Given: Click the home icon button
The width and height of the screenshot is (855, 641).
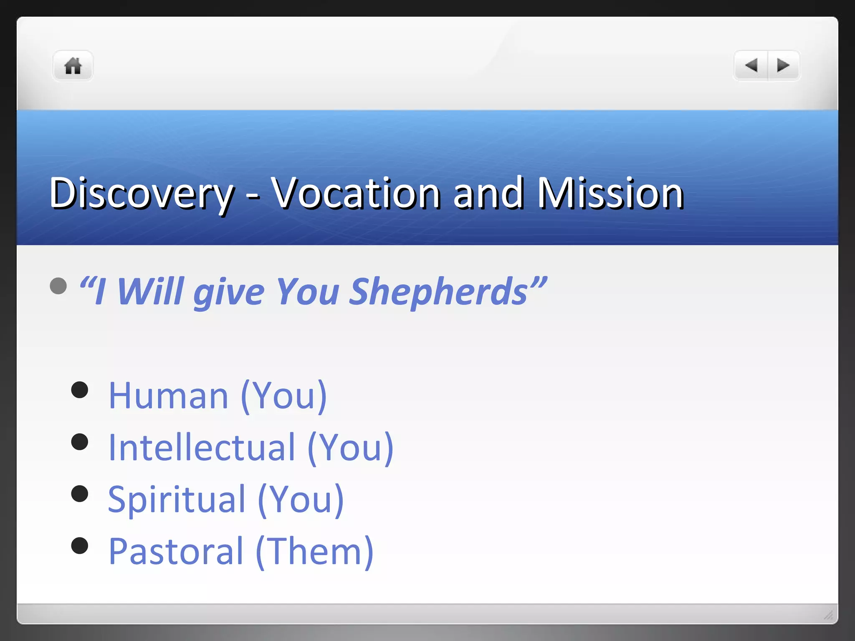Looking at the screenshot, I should coord(73,66).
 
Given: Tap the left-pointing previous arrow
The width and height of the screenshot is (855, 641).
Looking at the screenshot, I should coord(751,66).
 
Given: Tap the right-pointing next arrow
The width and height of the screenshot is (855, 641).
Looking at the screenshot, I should coord(783,66).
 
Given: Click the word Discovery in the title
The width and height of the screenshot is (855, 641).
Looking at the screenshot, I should coord(141,194).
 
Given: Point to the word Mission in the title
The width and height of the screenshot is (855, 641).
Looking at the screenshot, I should coord(610,193).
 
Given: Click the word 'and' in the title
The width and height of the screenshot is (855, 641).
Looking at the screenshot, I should coord(488,193).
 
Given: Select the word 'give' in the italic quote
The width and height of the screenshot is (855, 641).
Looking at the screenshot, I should coord(229,292).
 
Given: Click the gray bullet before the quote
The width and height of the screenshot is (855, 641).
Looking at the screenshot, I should coord(58,286).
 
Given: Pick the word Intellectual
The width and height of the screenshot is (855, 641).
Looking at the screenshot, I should coord(202,447).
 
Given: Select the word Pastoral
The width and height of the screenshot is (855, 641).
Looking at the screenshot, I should coord(176,551).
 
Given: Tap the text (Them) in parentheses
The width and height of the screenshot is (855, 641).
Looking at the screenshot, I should coord(314,551).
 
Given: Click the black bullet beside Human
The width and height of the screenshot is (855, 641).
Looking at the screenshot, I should coord(80,390).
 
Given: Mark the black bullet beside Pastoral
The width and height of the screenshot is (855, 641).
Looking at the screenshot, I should coord(80,545).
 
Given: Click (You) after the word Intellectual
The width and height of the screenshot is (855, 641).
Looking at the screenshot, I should coord(350,447).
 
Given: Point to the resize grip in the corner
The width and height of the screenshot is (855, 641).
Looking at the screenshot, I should coord(828,615).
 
